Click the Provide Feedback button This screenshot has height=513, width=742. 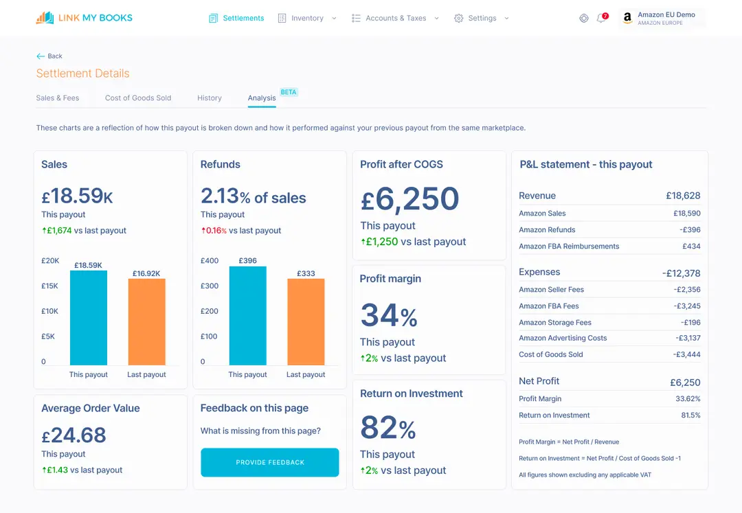(269, 462)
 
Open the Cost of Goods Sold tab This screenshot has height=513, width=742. (138, 98)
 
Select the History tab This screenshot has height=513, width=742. (209, 98)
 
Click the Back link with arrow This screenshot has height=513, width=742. (49, 56)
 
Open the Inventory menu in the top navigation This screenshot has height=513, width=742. (307, 19)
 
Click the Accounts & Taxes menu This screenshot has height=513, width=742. (395, 19)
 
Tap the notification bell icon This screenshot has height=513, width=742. (601, 19)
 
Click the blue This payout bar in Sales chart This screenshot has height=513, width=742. (89, 317)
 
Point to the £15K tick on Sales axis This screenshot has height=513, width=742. (50, 286)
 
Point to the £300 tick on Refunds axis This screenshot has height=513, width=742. (210, 286)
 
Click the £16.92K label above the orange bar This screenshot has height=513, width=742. (146, 273)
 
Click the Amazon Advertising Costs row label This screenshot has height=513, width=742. (563, 338)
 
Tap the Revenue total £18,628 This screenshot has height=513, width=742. (683, 196)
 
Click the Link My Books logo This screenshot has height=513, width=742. (84, 18)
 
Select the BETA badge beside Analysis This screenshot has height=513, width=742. (289, 92)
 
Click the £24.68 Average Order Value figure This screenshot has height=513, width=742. (74, 435)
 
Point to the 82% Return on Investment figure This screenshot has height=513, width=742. (388, 429)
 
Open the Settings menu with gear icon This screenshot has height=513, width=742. (482, 19)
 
